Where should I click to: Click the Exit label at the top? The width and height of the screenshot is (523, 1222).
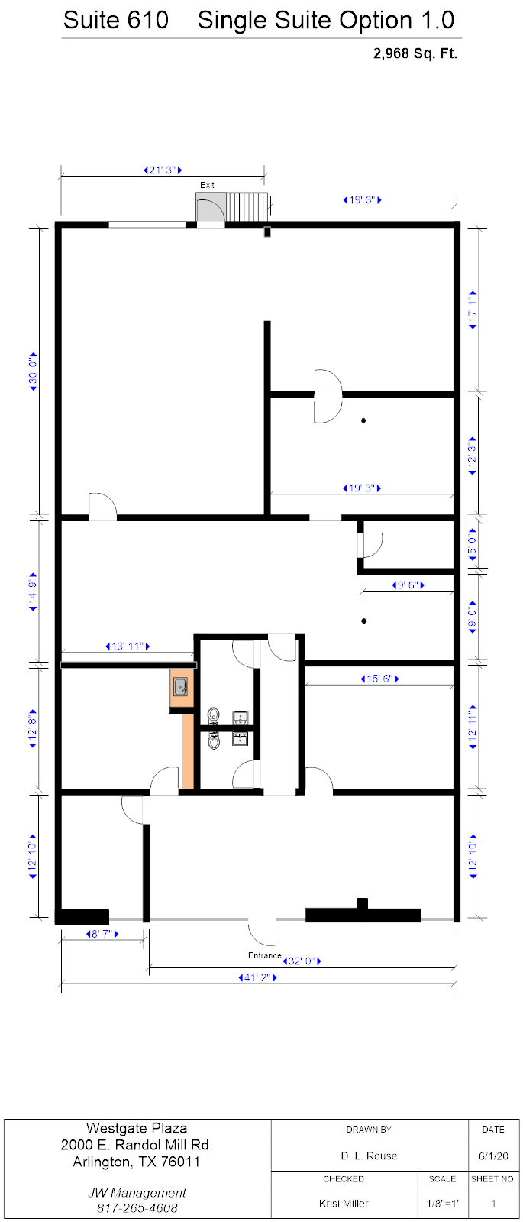click(x=207, y=185)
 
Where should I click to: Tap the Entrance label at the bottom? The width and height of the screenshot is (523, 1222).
click(x=265, y=955)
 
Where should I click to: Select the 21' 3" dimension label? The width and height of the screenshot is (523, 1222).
click(x=163, y=170)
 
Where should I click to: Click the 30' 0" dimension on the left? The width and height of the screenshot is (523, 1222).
click(x=34, y=371)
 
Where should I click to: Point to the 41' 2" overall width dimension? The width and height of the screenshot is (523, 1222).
click(x=258, y=977)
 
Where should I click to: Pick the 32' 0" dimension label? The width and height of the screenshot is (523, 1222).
click(x=302, y=961)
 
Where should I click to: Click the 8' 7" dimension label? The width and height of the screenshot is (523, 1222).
click(x=102, y=934)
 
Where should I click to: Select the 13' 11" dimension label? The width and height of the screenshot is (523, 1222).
click(x=128, y=647)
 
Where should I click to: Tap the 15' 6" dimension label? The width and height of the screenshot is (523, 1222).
click(x=379, y=679)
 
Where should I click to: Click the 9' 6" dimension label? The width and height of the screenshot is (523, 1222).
click(x=408, y=585)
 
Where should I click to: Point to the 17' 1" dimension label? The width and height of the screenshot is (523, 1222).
click(x=473, y=310)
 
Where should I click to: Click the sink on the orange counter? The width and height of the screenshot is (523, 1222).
click(x=180, y=686)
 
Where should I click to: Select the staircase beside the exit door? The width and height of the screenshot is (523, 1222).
click(x=247, y=207)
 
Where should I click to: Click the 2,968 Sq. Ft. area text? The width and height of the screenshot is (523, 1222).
click(x=415, y=53)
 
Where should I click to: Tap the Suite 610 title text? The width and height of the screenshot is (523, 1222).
click(x=116, y=20)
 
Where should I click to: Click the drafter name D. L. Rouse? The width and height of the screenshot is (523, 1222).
click(x=369, y=1156)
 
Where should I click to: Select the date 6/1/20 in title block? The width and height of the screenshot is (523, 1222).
click(x=493, y=1156)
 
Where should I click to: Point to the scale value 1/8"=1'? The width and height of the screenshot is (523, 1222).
click(x=442, y=1203)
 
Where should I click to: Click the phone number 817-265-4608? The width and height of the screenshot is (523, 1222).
click(x=137, y=1207)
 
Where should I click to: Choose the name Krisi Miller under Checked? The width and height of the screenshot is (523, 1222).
click(x=344, y=1203)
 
